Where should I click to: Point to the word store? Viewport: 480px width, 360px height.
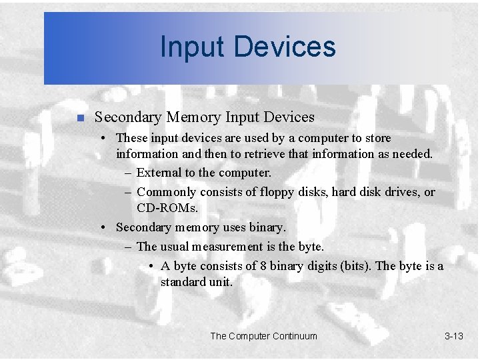tap(375, 138)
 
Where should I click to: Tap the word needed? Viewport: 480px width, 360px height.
tap(412, 154)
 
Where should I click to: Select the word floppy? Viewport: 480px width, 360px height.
tap(273, 192)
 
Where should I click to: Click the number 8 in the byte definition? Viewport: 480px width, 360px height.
tap(264, 266)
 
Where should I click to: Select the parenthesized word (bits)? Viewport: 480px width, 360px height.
tap(356, 266)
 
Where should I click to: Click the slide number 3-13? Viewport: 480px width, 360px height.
tap(453, 336)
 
